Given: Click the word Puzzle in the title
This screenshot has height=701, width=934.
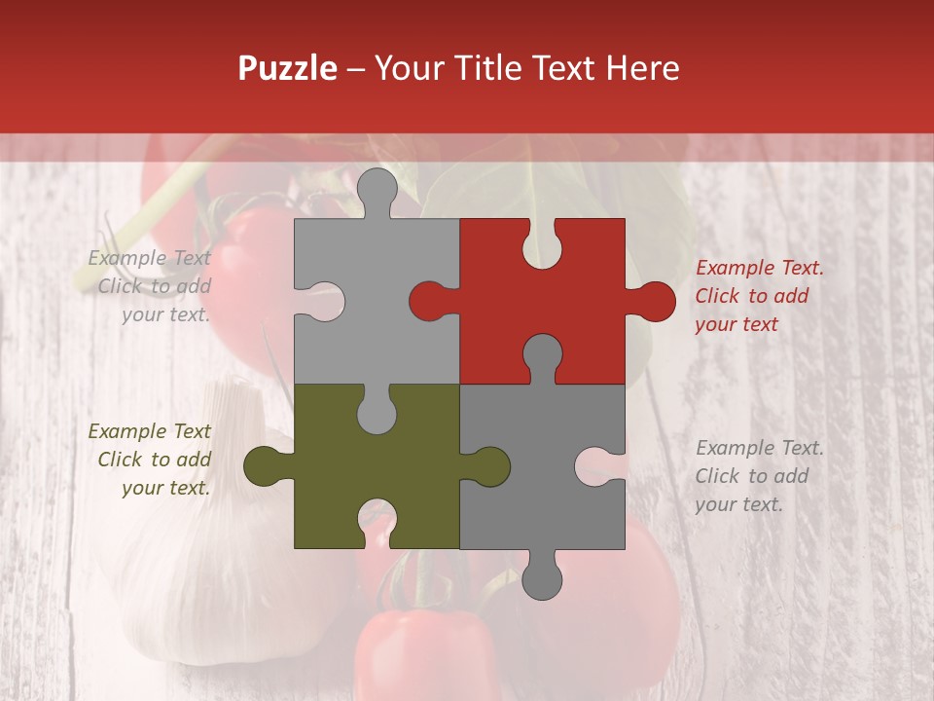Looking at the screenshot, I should click(x=287, y=69).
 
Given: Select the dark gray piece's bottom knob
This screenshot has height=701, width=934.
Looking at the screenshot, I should click(x=542, y=576).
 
